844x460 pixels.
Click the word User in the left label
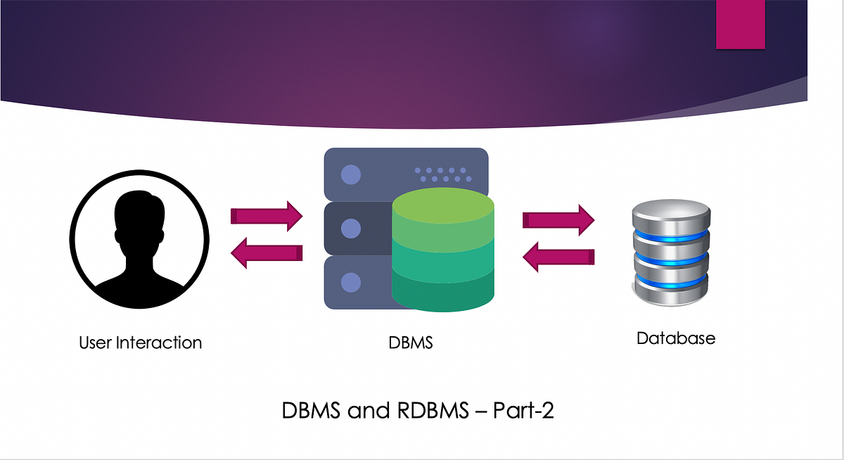(x=95, y=343)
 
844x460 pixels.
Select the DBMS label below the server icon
(x=410, y=343)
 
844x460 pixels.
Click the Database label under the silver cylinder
(x=675, y=338)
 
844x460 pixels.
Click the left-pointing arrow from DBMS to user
(x=267, y=253)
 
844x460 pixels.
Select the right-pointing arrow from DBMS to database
(x=558, y=219)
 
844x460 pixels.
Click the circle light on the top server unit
(x=350, y=174)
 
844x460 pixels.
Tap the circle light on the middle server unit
(x=350, y=228)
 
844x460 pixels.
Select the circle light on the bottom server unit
(x=350, y=283)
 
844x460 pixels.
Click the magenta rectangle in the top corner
(x=740, y=24)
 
